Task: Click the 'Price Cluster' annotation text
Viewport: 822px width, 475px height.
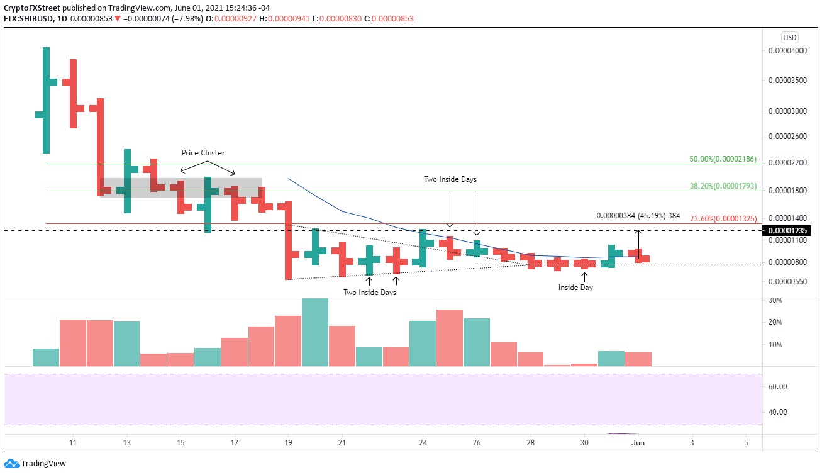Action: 203,153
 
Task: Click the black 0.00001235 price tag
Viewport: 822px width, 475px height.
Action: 783,231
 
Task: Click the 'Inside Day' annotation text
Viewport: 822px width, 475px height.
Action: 575,288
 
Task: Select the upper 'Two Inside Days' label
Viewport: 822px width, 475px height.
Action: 450,179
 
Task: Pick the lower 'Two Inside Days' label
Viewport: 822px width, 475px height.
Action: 369,293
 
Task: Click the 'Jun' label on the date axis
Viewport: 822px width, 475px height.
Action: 638,444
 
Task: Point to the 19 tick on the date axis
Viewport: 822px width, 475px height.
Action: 289,444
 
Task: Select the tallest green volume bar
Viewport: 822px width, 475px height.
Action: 315,332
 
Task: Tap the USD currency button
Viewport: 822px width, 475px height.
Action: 790,37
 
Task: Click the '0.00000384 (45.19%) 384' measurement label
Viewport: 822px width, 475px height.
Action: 638,216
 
